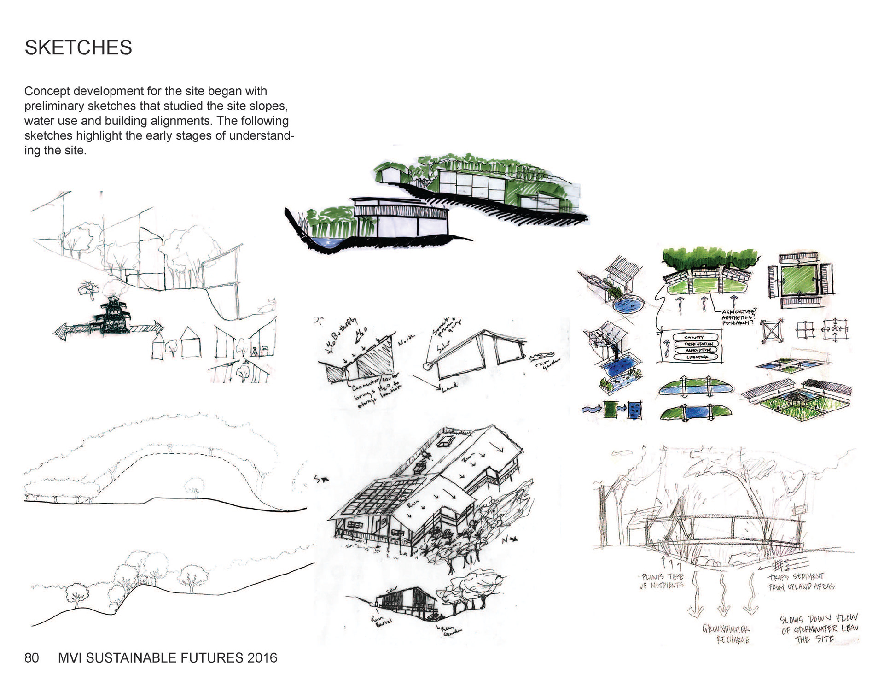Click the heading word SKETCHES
pos(78,47)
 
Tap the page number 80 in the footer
pos(32,657)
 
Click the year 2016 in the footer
pos(262,657)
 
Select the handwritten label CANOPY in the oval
pos(694,337)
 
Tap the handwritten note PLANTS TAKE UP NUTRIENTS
pos(662,581)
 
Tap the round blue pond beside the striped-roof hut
pos(628,305)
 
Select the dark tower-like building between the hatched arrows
pos(112,316)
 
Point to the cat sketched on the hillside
pos(268,305)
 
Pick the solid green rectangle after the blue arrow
pos(611,409)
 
